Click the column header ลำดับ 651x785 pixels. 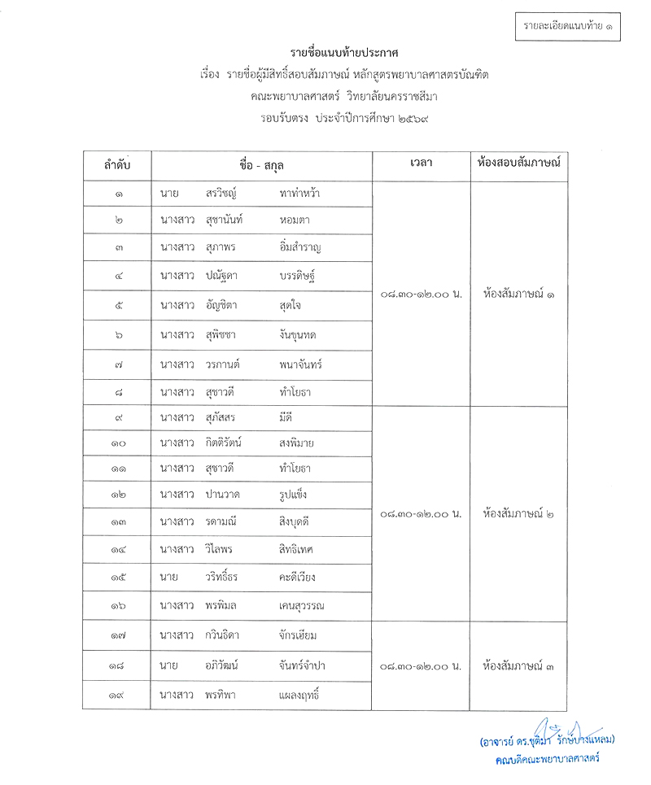pyautogui.click(x=116, y=166)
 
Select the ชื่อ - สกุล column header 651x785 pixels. pyautogui.click(x=261, y=166)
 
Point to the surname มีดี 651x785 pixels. pyautogui.click(x=288, y=418)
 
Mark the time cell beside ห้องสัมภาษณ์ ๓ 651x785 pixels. pyautogui.click(x=421, y=666)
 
